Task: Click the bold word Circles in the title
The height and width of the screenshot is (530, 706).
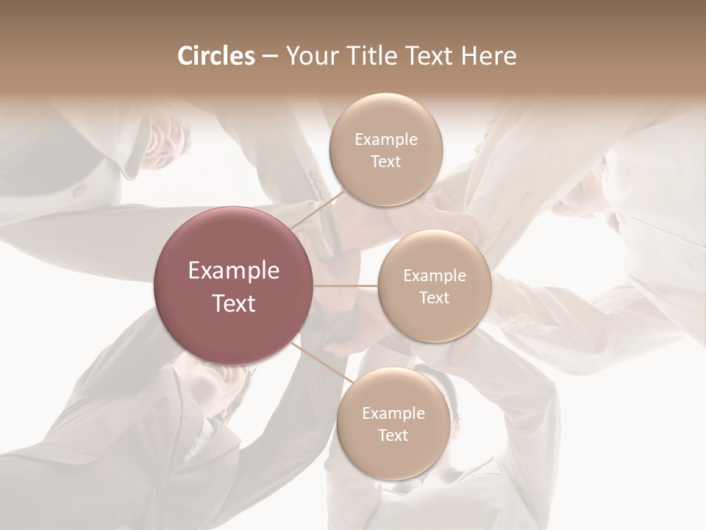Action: (x=215, y=56)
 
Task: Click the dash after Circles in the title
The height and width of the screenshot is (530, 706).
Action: (x=270, y=57)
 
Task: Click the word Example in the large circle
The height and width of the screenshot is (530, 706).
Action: (x=234, y=271)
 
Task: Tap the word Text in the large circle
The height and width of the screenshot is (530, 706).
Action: (x=234, y=303)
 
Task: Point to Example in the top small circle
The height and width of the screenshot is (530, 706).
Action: (x=385, y=139)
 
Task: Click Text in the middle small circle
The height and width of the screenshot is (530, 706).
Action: (x=434, y=297)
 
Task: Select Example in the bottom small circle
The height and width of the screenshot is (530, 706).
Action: (x=393, y=413)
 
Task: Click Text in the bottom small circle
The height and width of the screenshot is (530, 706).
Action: (x=393, y=435)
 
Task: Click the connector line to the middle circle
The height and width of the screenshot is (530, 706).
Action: (x=346, y=286)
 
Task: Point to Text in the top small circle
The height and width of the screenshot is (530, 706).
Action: (x=385, y=161)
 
